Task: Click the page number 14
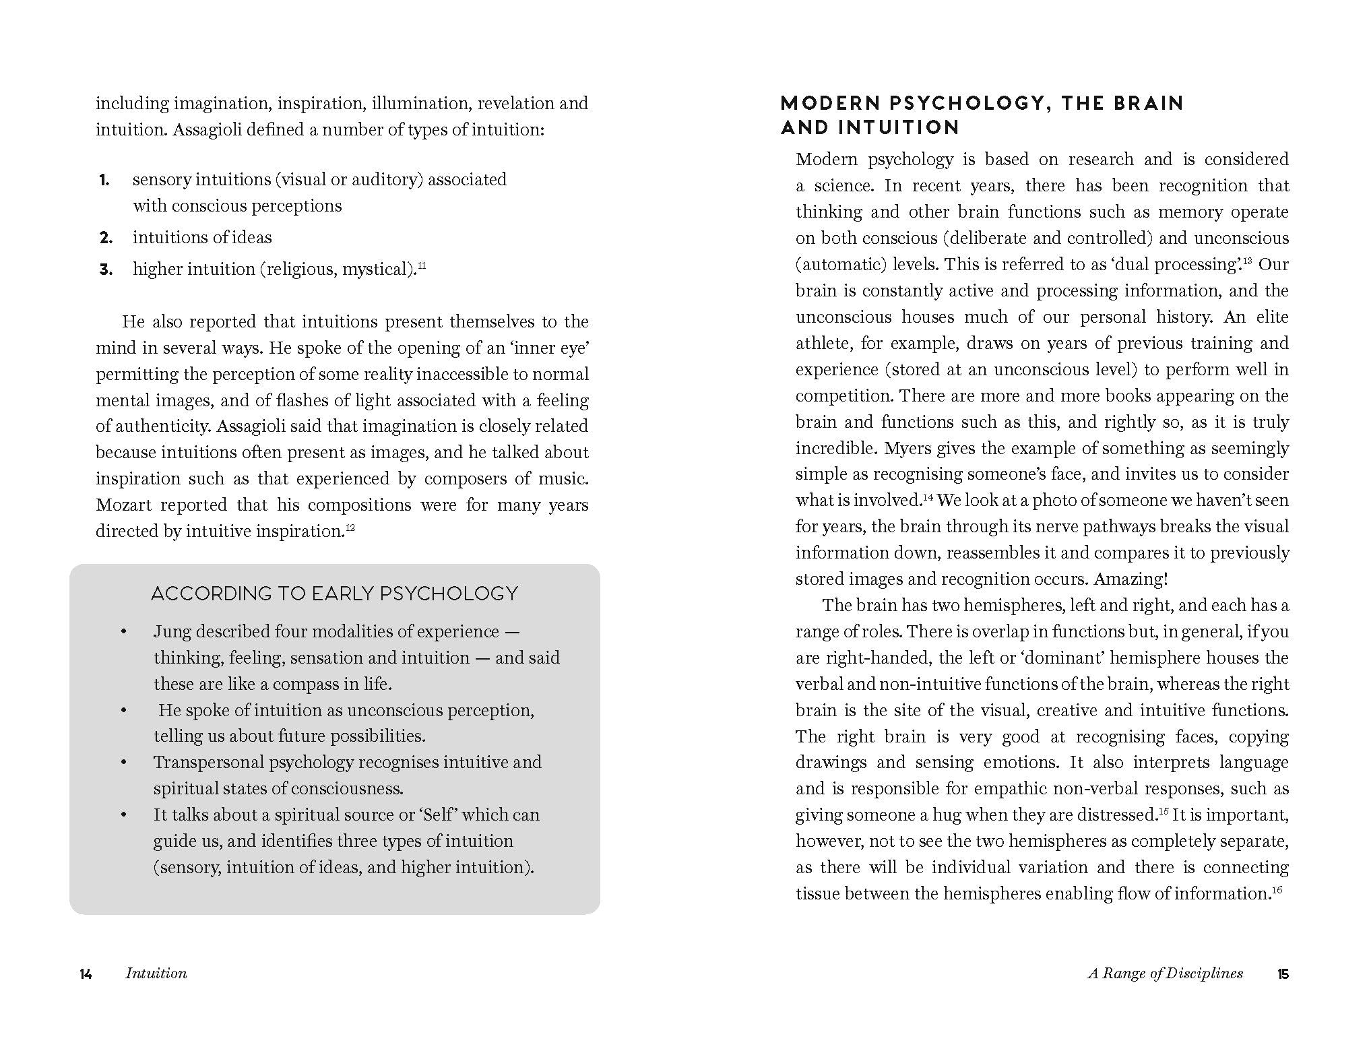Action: point(86,974)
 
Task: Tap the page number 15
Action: point(1283,974)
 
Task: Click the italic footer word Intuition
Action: point(156,974)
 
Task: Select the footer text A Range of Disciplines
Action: point(1166,974)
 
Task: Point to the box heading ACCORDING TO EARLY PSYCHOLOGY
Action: point(334,594)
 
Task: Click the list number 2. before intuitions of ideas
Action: point(106,238)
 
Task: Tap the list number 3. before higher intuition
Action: point(106,269)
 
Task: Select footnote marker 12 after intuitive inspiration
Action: point(350,527)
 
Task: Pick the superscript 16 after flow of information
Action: point(1277,889)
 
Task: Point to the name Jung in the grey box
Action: point(172,632)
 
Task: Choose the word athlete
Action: point(822,344)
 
